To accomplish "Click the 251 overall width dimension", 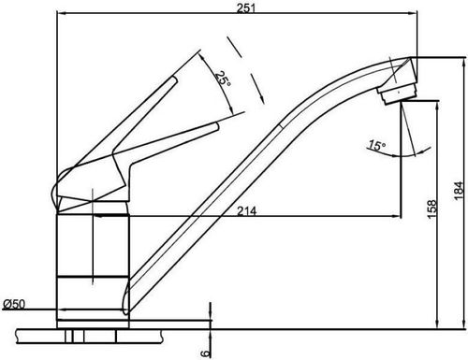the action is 246,8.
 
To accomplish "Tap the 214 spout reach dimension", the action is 247,211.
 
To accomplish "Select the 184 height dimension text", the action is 460,191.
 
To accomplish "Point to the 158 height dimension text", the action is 431,209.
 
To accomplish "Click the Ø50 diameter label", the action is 14,304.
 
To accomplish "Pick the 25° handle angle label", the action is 224,79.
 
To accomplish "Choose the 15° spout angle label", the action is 377,145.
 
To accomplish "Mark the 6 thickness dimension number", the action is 205,353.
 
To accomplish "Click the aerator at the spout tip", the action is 397,93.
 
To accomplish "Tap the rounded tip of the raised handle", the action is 174,79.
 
